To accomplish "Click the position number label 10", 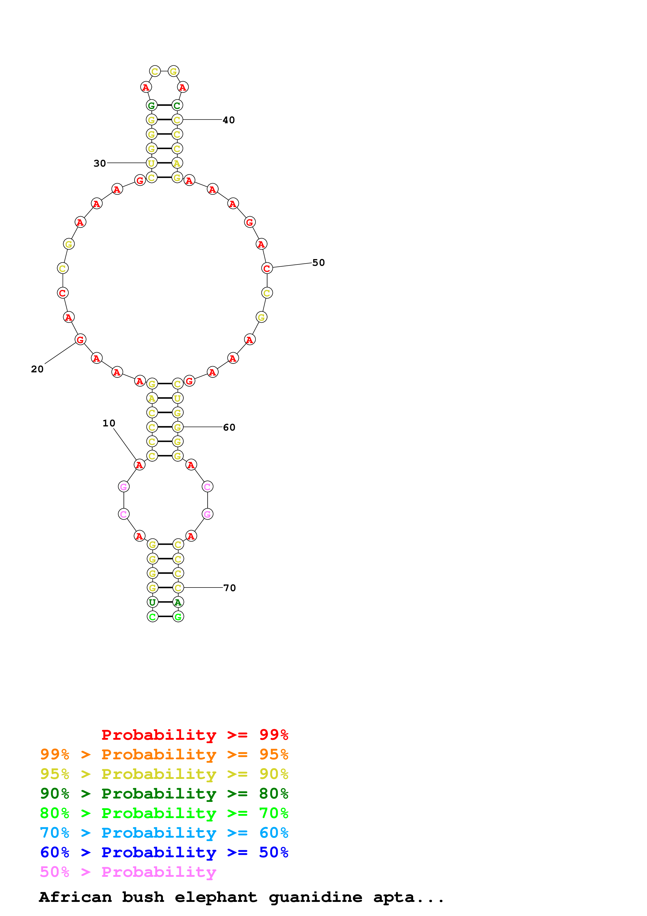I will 108,423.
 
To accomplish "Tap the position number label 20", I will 37,369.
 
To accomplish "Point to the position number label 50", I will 318,262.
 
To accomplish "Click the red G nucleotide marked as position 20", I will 80,339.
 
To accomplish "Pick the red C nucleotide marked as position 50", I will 267,268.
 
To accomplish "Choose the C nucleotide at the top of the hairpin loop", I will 155,71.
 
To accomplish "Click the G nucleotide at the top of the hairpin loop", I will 173,71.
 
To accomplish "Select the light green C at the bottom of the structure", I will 152,617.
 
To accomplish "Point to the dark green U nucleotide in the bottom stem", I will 152,602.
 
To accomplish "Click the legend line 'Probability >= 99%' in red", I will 194,735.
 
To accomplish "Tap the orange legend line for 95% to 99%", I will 164,754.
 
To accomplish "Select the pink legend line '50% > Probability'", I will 128,872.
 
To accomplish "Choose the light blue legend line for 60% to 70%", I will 164,833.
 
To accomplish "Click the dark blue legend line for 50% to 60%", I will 164,853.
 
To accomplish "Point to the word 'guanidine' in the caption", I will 315,897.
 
